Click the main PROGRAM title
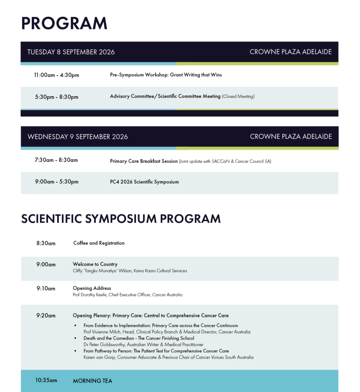coord(64,23)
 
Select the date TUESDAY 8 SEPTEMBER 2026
coord(71,52)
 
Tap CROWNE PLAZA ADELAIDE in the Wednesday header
coord(291,137)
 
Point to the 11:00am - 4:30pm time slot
coord(57,75)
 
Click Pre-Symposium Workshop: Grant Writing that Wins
coord(166,75)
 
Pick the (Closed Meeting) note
coord(238,96)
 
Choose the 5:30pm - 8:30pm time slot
coord(57,97)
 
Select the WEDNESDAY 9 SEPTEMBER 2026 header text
coord(78,137)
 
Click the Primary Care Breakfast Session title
coord(144,161)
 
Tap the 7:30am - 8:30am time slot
coord(56,160)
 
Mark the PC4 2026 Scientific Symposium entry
coord(144,182)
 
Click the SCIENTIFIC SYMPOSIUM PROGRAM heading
coord(121,219)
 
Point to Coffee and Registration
coord(99,243)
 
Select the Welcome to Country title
coord(95,264)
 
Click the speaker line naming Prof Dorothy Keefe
coord(128,295)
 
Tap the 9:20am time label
coord(46,315)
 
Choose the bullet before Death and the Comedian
coord(75,338)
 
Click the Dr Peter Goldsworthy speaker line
coord(143,345)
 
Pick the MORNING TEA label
coord(93,381)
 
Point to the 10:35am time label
coord(46,380)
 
